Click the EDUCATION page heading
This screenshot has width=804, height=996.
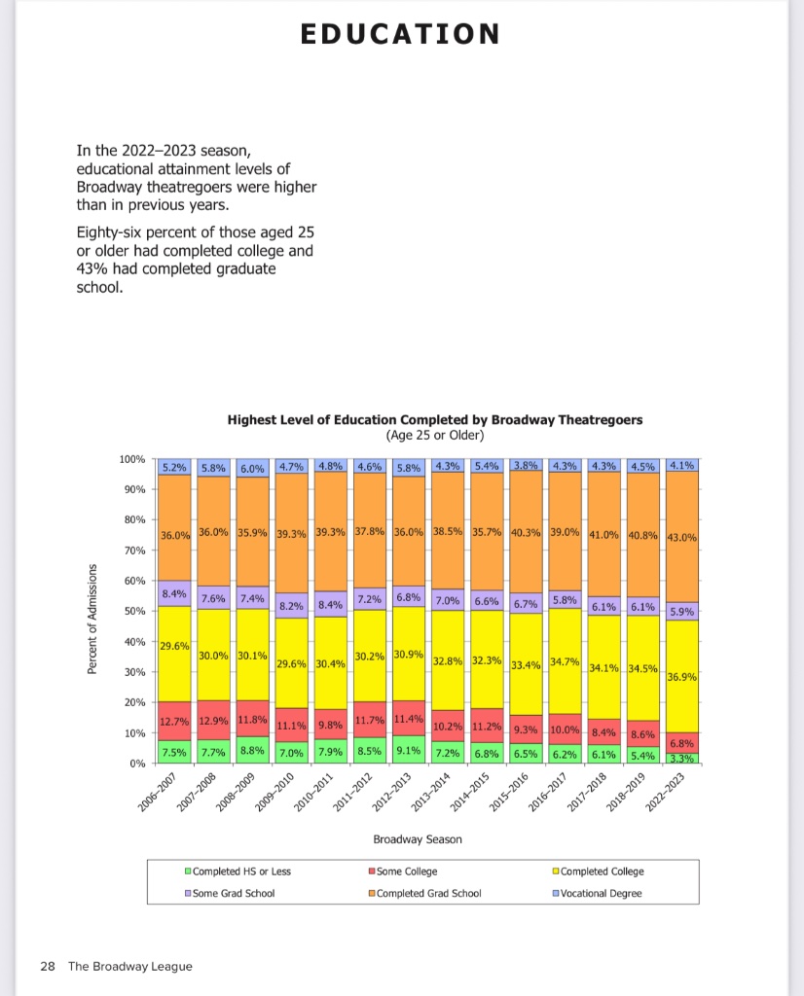point(400,35)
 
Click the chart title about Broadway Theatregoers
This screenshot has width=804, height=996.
point(435,420)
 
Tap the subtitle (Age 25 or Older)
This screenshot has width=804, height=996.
point(435,435)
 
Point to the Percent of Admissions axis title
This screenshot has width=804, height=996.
point(93,618)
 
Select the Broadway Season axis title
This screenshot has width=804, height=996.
point(418,838)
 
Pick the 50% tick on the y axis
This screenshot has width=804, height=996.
point(135,611)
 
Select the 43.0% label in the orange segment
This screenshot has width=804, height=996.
point(683,538)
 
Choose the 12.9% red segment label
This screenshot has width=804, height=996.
point(214,721)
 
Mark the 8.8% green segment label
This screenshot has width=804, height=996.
point(253,751)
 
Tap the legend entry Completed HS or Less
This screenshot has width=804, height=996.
point(242,871)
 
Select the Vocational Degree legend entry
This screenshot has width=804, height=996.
point(601,893)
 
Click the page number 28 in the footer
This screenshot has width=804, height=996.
point(47,966)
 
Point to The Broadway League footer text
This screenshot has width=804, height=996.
point(130,966)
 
